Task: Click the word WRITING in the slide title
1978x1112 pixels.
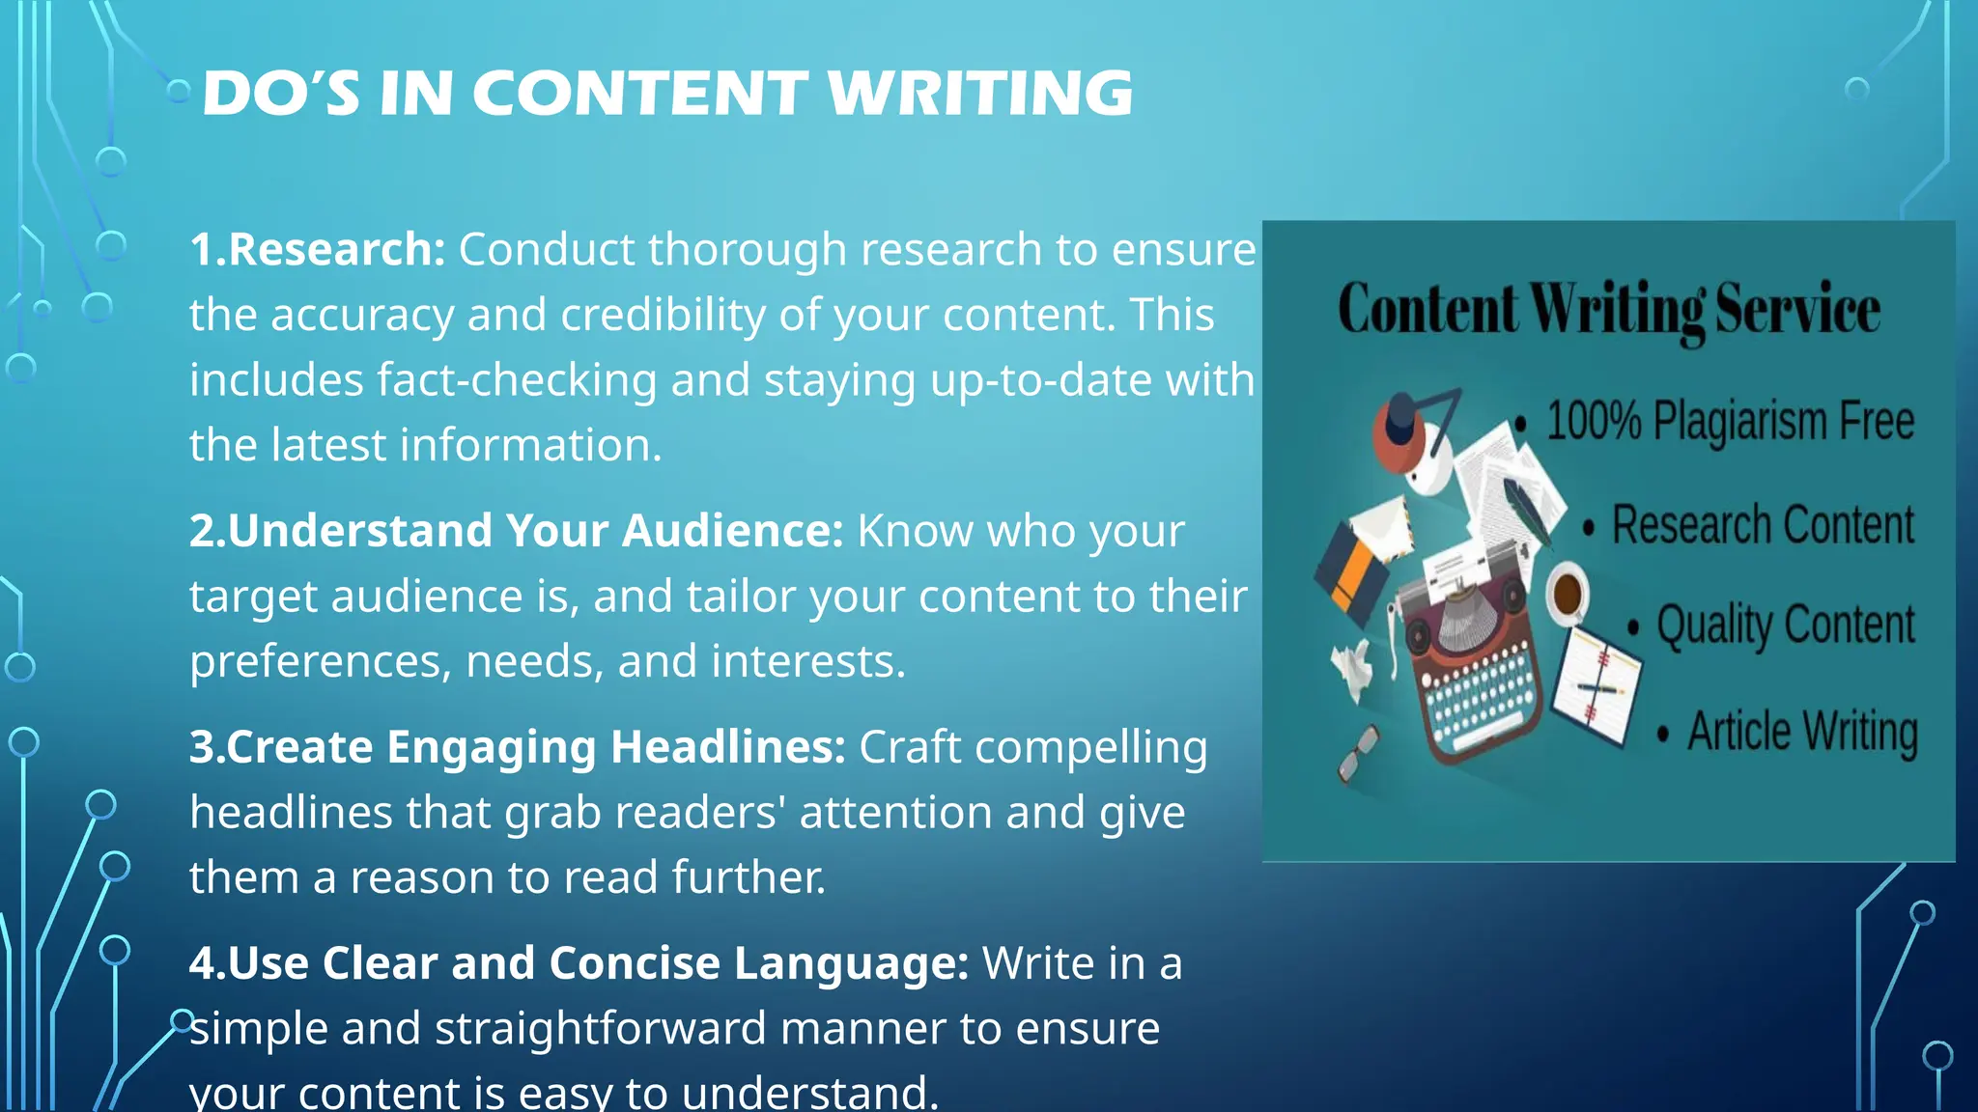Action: click(x=979, y=94)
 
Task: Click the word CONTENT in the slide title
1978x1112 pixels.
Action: click(x=639, y=94)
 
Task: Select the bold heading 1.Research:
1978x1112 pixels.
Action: click(x=317, y=250)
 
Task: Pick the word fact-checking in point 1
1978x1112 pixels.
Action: click(x=517, y=380)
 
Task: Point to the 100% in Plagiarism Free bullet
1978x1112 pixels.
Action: click(x=1594, y=421)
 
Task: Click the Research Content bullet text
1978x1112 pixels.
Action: click(x=1763, y=525)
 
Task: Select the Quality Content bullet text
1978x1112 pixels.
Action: click(x=1785, y=625)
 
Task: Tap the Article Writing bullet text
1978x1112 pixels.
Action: click(x=1802, y=731)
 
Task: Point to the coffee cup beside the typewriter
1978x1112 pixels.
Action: click(x=1567, y=591)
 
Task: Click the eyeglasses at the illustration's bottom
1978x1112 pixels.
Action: click(x=1357, y=754)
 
